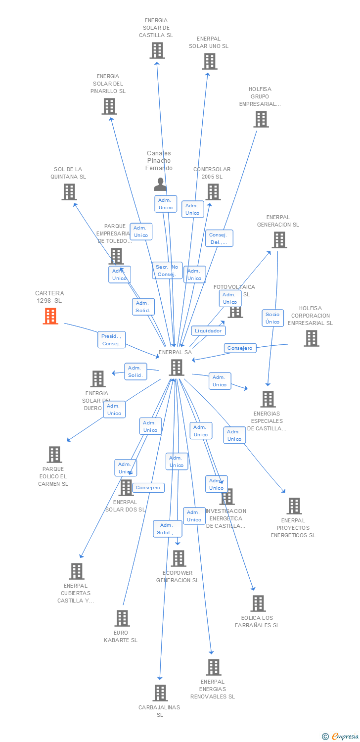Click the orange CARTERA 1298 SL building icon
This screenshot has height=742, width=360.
tap(50, 316)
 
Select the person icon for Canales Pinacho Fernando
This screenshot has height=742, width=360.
tap(160, 185)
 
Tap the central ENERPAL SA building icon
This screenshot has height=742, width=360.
tap(177, 368)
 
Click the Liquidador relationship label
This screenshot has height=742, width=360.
tap(209, 330)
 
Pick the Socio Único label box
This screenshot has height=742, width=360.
tap(272, 318)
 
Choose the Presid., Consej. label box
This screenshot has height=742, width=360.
tap(111, 340)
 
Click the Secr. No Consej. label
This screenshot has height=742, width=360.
tap(167, 271)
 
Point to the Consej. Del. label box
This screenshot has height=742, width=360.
tap(219, 238)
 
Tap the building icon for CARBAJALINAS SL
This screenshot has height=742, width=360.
tap(160, 693)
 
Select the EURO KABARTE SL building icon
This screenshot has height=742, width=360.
tap(122, 618)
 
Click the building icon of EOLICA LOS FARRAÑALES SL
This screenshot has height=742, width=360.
tap(258, 603)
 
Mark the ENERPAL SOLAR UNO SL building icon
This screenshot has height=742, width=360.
tap(210, 61)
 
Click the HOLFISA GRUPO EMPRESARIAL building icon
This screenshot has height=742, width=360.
tap(261, 119)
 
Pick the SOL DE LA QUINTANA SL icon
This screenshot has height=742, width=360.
tap(69, 192)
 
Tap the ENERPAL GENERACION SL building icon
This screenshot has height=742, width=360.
tap(279, 240)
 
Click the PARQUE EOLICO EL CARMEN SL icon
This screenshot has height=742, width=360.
tap(54, 455)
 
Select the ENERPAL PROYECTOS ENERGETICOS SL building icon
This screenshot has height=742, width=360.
tap(294, 506)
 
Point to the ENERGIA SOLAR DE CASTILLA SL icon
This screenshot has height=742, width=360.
tap(157, 50)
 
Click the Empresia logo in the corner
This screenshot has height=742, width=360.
tap(341, 737)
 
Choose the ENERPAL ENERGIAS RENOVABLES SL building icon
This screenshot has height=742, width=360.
tap(213, 667)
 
